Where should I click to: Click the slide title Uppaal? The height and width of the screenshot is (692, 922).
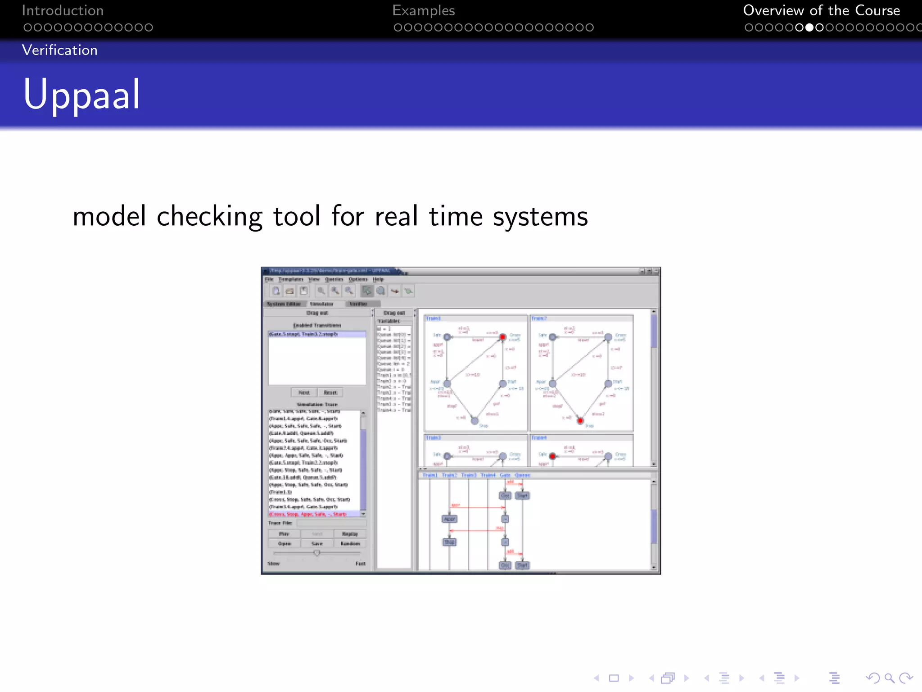click(x=81, y=95)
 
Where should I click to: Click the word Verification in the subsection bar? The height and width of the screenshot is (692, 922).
click(x=59, y=50)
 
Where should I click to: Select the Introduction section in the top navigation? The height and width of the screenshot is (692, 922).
click(x=63, y=10)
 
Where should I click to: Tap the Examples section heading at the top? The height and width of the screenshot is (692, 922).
click(x=423, y=10)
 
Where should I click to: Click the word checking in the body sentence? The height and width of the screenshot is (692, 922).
click(x=209, y=216)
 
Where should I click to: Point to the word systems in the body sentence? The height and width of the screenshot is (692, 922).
click(x=540, y=216)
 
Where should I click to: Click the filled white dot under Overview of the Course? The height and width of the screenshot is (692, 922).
click(x=809, y=27)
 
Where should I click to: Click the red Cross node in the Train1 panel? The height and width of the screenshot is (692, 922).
click(x=502, y=337)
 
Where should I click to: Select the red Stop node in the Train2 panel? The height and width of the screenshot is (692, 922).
click(x=580, y=420)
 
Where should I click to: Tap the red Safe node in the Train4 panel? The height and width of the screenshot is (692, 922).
click(x=552, y=456)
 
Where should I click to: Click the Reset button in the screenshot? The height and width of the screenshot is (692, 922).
click(x=330, y=392)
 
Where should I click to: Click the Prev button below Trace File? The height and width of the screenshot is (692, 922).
click(x=284, y=534)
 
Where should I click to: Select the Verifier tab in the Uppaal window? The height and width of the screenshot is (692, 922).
click(x=358, y=304)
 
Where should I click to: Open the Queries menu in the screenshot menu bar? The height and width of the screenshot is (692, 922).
click(x=334, y=279)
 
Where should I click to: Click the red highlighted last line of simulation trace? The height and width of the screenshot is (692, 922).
click(x=308, y=514)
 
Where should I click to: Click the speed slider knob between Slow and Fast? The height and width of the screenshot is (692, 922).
click(x=317, y=553)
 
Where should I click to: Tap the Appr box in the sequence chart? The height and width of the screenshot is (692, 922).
click(x=449, y=519)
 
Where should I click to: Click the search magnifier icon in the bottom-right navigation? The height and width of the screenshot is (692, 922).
click(x=889, y=678)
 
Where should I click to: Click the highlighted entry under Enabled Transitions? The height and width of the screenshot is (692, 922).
click(x=316, y=334)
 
